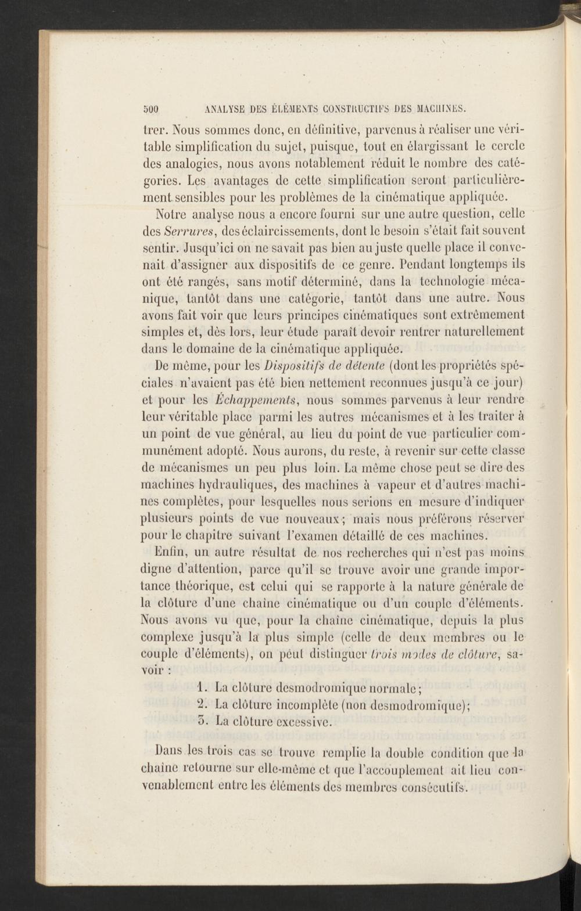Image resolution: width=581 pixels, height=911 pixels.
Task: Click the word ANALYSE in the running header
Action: point(213,108)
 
